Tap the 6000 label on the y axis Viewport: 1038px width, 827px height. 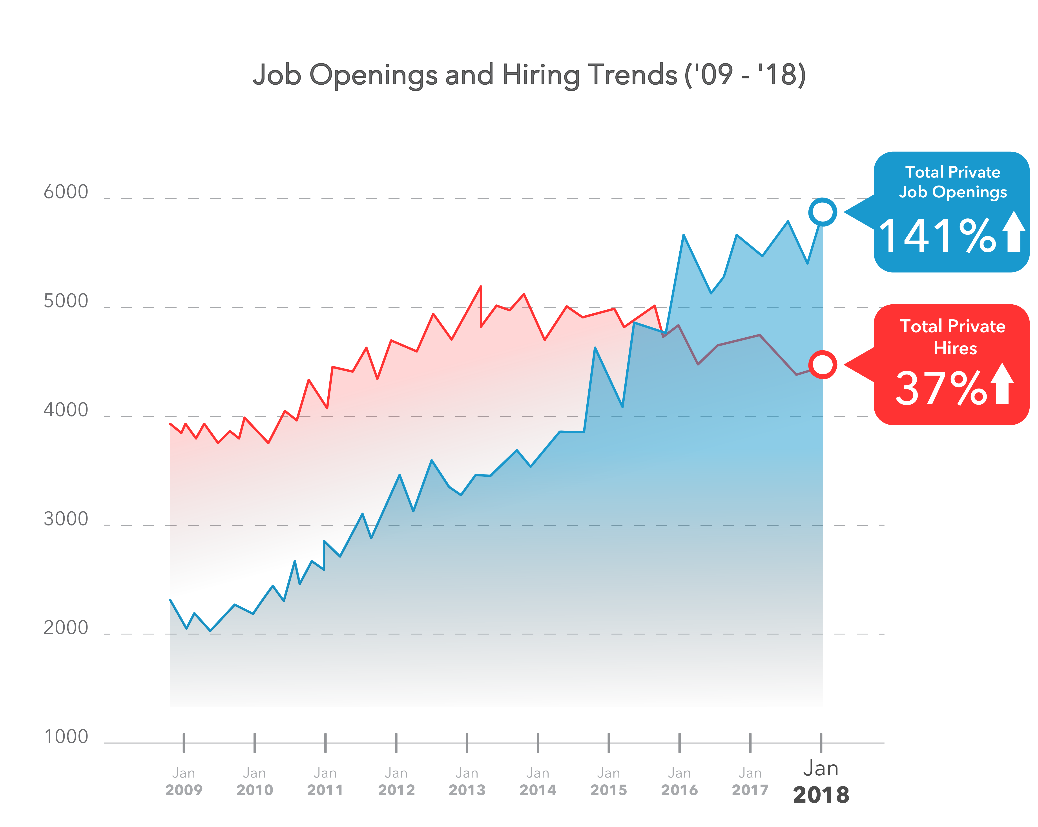[x=66, y=192]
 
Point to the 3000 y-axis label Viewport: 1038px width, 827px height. [x=66, y=519]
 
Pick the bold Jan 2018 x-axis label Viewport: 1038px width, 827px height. [x=821, y=781]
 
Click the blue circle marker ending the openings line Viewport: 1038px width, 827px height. [x=822, y=212]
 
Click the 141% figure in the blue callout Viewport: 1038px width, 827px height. [x=936, y=236]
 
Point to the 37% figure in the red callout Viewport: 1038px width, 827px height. [x=940, y=388]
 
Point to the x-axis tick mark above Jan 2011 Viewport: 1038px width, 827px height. [x=325, y=743]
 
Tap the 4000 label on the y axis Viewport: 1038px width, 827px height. [x=66, y=410]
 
